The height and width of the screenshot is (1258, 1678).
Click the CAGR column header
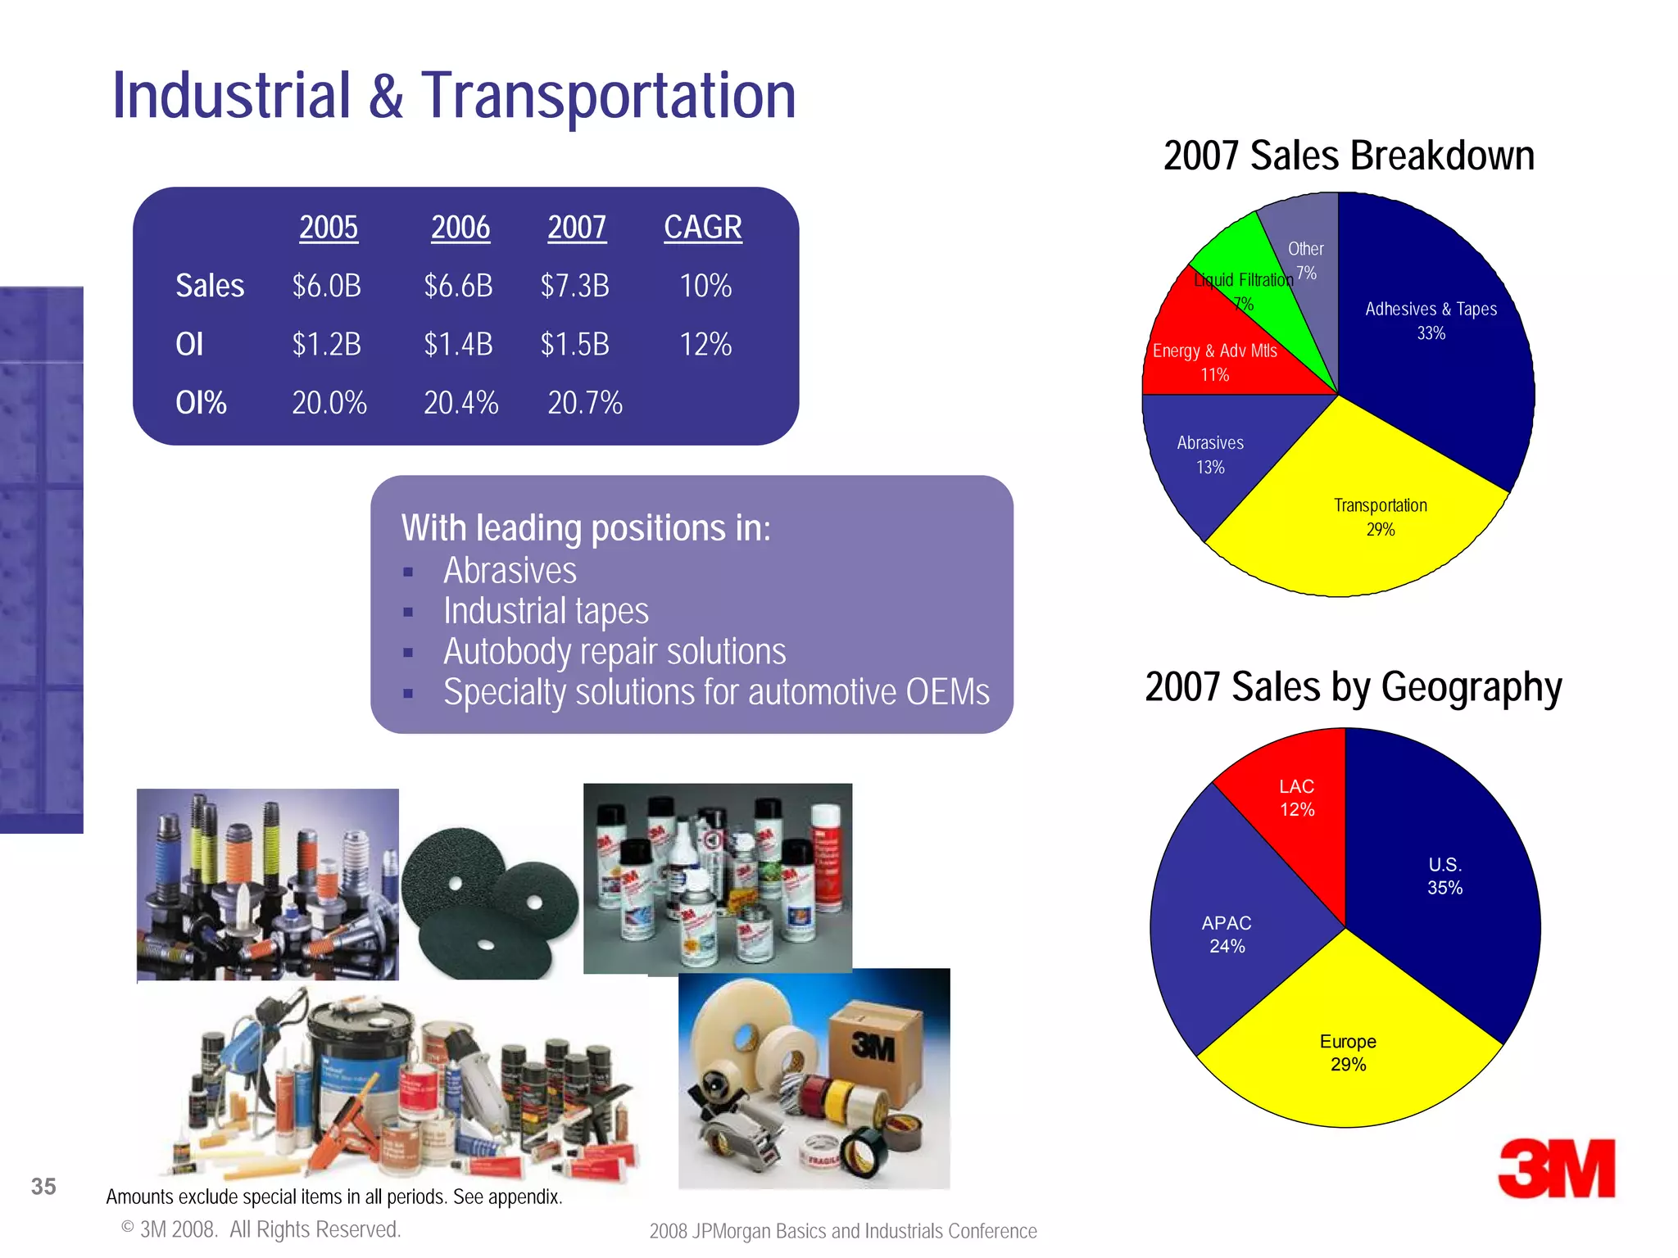coord(702,227)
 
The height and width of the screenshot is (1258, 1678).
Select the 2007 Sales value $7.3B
coord(574,286)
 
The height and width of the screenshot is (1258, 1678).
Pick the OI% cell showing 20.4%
coord(460,403)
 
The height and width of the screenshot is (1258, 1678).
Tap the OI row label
coord(189,345)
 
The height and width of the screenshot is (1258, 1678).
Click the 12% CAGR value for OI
coord(705,345)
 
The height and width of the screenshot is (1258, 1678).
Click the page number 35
coord(43,1186)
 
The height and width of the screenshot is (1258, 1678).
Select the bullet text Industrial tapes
coord(546,611)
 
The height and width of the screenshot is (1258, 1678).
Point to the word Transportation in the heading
coord(608,96)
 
